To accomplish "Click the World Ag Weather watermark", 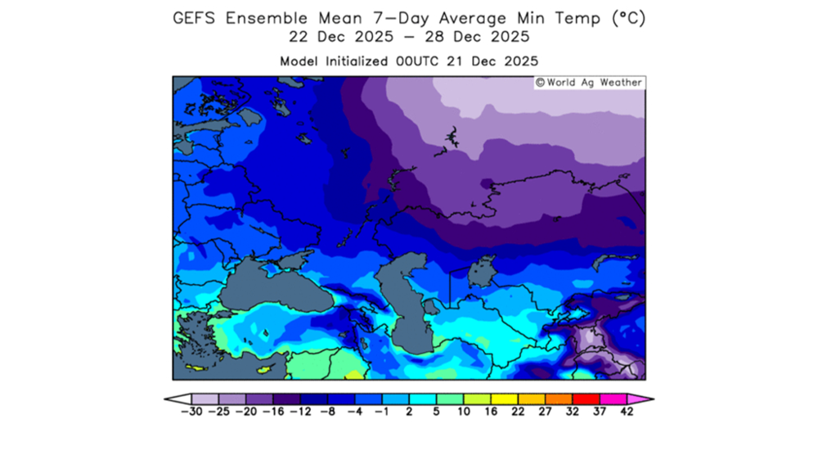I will click(x=589, y=83).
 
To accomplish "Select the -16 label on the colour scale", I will click(x=272, y=412).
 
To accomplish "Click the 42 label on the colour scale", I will click(x=627, y=412).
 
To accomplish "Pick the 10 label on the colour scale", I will click(x=463, y=412).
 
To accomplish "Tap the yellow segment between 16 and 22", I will click(x=504, y=399).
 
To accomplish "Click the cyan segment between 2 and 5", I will click(x=422, y=399).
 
